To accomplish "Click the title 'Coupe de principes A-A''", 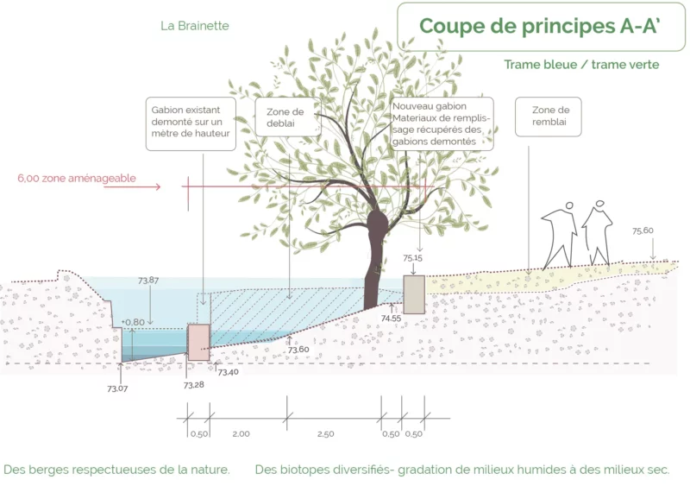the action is pyautogui.click(x=540, y=26).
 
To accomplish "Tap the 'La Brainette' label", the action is pyautogui.click(x=195, y=26).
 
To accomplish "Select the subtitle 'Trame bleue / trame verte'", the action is pyautogui.click(x=581, y=65).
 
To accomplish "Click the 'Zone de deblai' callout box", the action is pyautogui.click(x=288, y=117).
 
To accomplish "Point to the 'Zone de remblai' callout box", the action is pyautogui.click(x=549, y=117).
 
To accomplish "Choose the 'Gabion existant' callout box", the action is pyautogui.click(x=191, y=123).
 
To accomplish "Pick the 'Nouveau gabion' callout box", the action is pyautogui.click(x=442, y=123).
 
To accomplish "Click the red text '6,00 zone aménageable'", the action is pyautogui.click(x=77, y=179).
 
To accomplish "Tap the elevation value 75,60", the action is pyautogui.click(x=643, y=230).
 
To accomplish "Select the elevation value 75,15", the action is pyautogui.click(x=413, y=258).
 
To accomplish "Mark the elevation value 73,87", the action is pyautogui.click(x=148, y=281).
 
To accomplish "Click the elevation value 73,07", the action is pyautogui.click(x=117, y=388).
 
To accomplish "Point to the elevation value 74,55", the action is pyautogui.click(x=392, y=319).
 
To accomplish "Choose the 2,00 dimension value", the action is pyautogui.click(x=241, y=434).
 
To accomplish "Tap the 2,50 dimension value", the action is pyautogui.click(x=326, y=434).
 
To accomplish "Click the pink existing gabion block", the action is pyautogui.click(x=199, y=343).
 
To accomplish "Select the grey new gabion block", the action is pyautogui.click(x=414, y=294).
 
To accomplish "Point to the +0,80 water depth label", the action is pyautogui.click(x=133, y=322).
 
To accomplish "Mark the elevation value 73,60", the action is pyautogui.click(x=298, y=350).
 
